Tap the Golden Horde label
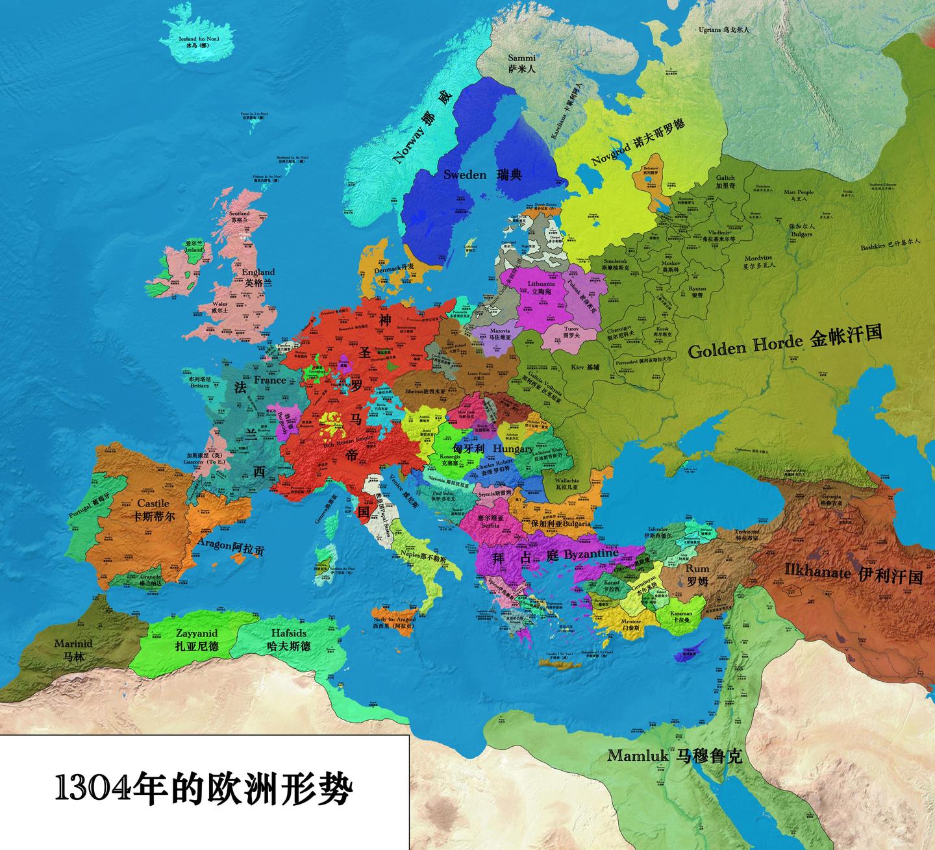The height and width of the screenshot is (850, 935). tap(784, 342)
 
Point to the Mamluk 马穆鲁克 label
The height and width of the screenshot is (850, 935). tap(674, 756)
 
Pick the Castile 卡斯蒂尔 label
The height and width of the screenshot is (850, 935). tap(153, 510)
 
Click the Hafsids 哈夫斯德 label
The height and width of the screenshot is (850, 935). tap(288, 639)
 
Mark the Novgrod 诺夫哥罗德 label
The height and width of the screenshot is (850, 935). tap(638, 142)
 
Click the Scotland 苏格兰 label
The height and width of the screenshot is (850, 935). tap(240, 216)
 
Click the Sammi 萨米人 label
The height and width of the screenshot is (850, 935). tap(521, 62)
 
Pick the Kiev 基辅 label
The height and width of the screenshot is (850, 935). tap(585, 368)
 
